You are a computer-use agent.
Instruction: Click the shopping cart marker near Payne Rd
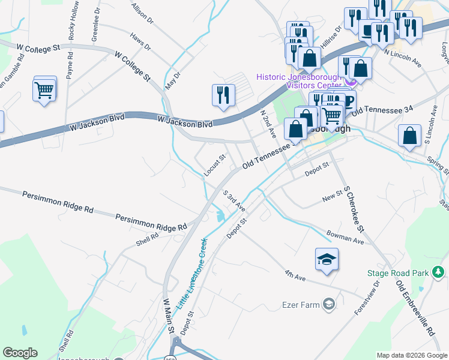click(x=44, y=91)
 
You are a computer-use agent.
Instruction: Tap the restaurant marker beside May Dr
click(x=223, y=95)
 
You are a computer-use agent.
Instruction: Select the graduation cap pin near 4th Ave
click(x=327, y=260)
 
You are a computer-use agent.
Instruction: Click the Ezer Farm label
click(x=301, y=305)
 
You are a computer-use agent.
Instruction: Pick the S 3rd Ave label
click(x=234, y=201)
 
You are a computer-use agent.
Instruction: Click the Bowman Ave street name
click(x=345, y=237)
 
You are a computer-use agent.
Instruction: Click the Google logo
click(x=20, y=353)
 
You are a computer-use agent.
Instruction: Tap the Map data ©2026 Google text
click(x=412, y=355)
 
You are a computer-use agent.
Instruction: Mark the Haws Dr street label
click(x=140, y=41)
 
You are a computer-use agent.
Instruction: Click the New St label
click(x=331, y=197)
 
